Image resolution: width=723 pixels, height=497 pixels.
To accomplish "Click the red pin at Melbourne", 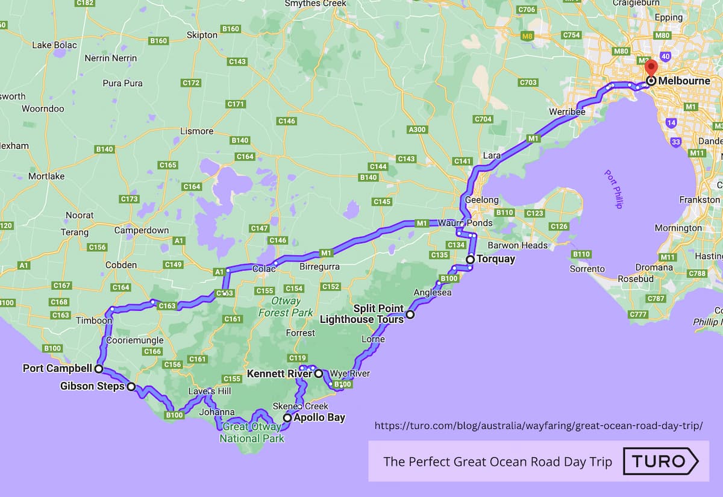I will [650, 68].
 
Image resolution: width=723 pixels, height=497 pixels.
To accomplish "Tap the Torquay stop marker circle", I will [470, 260].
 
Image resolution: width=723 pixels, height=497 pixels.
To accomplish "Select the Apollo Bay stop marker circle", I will [287, 417].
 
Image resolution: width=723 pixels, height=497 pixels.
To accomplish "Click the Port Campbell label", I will [57, 368].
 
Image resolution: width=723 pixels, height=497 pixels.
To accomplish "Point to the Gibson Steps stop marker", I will [131, 387].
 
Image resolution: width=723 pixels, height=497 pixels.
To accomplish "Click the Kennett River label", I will [279, 374].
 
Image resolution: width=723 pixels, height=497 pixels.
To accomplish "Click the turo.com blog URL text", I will [539, 426].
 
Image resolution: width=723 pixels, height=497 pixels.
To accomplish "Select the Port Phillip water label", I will [613, 189].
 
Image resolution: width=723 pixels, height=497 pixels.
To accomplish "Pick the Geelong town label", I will [481, 199].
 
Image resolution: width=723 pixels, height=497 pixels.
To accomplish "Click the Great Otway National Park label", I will [252, 433].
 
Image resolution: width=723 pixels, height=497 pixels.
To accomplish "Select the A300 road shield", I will [416, 130].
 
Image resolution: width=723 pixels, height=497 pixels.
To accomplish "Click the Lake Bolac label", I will [54, 45].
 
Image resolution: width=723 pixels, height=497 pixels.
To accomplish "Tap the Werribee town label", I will [564, 111].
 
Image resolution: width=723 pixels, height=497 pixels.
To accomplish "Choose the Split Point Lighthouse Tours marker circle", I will [410, 314].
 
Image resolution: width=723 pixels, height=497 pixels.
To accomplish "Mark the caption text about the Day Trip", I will [497, 462].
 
